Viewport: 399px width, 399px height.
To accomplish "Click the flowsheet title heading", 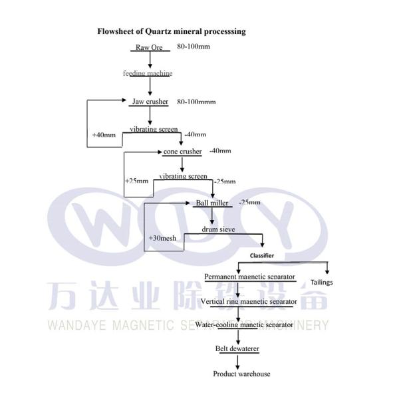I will coord(172,31).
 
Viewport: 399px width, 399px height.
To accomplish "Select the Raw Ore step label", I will coord(149,47).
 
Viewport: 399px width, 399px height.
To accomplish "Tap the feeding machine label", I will coord(148,73).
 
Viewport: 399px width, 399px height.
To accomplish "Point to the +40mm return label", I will coord(104,135).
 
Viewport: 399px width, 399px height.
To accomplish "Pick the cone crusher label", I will coord(182,152).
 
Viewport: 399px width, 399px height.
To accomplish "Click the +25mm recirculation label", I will coord(136,181).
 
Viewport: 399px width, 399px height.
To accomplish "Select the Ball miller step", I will coord(211,203).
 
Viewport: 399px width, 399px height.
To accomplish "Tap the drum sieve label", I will coord(219,229).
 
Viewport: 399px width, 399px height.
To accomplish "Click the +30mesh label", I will coord(162,237).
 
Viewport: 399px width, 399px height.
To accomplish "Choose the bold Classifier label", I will coord(261,255).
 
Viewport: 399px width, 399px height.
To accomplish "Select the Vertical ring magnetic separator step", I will coord(248,301).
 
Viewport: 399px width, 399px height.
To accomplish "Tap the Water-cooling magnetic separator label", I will coord(244,325).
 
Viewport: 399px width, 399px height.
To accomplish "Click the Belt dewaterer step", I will coord(237,348).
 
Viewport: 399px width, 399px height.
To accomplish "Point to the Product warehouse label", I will coord(241,374).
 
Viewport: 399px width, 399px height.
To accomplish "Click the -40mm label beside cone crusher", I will coord(220,151).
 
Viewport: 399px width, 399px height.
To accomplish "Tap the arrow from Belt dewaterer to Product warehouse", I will coord(237,360).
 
